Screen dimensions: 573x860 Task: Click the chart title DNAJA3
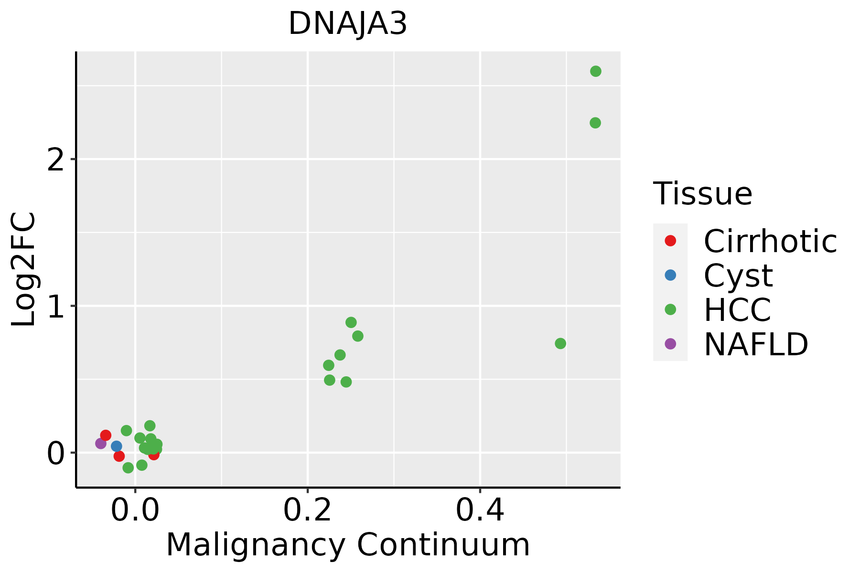pyautogui.click(x=348, y=24)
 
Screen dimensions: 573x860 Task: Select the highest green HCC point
pyautogui.click(x=595, y=71)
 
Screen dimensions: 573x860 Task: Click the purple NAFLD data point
pyautogui.click(x=101, y=444)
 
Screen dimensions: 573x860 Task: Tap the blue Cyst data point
pyautogui.click(x=117, y=446)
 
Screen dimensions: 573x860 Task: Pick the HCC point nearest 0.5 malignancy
pyautogui.click(x=560, y=343)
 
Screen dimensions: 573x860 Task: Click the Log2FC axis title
pyautogui.click(x=24, y=269)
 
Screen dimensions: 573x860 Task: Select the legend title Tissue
pyautogui.click(x=702, y=194)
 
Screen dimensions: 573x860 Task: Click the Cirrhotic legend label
pyautogui.click(x=770, y=241)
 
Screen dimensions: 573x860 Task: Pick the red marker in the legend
pyautogui.click(x=670, y=241)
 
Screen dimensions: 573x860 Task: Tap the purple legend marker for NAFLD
pyautogui.click(x=670, y=344)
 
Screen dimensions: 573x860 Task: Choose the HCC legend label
pyautogui.click(x=737, y=310)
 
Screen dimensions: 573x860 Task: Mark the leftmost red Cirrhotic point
pyautogui.click(x=106, y=435)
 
